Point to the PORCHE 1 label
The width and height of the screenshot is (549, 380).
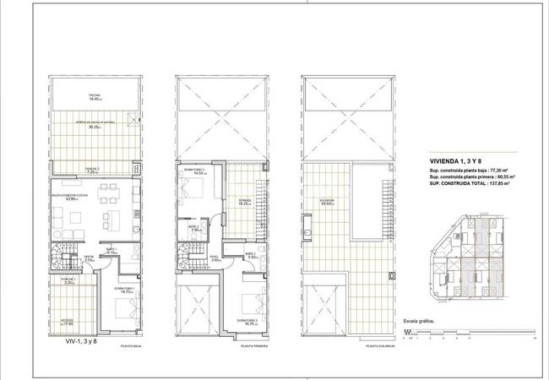point(69,281)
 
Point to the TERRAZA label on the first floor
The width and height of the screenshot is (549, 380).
point(245,201)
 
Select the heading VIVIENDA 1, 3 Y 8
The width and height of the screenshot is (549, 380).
point(454,160)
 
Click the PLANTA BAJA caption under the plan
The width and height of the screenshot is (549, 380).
point(131,345)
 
